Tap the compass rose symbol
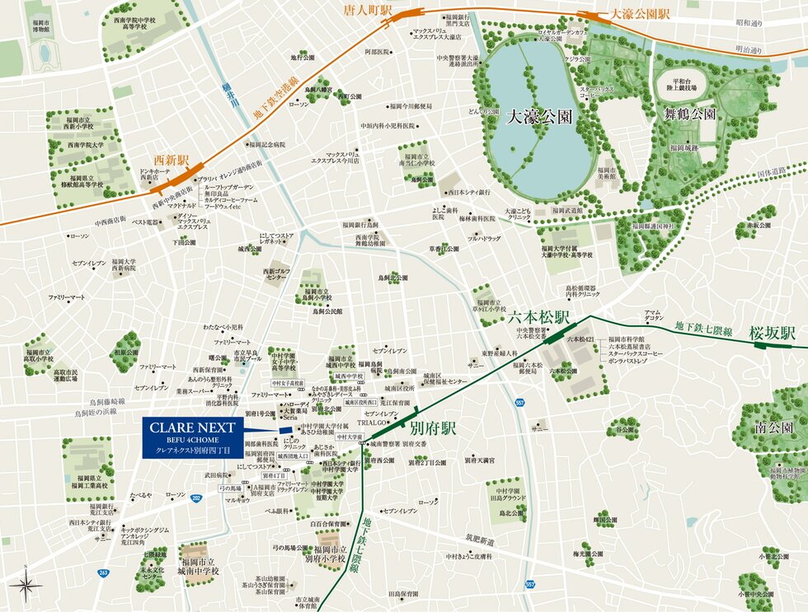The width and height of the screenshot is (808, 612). tap(26, 586)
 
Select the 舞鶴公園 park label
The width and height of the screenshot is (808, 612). tap(690, 114)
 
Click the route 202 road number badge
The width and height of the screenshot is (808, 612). tap(195, 498)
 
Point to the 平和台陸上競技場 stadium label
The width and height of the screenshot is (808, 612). tap(682, 83)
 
